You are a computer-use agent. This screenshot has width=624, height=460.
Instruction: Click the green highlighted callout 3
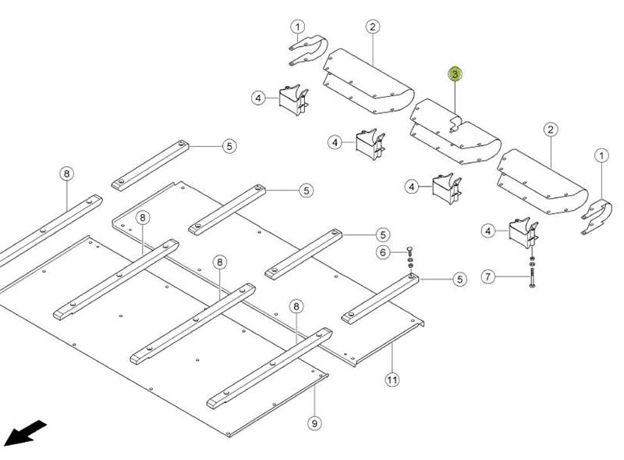455,74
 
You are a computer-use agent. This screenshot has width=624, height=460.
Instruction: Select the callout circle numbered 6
383,252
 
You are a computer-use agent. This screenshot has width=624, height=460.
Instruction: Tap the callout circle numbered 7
488,277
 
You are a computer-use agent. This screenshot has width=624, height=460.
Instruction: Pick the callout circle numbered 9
314,423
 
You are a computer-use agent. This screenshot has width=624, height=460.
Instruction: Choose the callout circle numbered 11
392,380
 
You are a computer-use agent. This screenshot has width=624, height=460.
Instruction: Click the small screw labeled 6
411,252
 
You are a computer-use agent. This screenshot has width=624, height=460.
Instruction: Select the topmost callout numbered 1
298,27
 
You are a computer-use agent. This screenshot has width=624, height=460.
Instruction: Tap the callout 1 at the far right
601,156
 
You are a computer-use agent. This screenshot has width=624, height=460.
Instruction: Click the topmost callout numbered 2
373,27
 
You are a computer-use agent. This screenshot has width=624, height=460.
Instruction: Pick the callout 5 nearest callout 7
459,279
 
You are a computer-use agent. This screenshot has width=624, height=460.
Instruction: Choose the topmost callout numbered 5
229,145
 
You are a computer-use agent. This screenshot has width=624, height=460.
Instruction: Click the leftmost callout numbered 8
66,174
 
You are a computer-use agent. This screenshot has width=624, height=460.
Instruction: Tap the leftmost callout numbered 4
258,98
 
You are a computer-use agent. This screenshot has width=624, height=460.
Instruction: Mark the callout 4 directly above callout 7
488,230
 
